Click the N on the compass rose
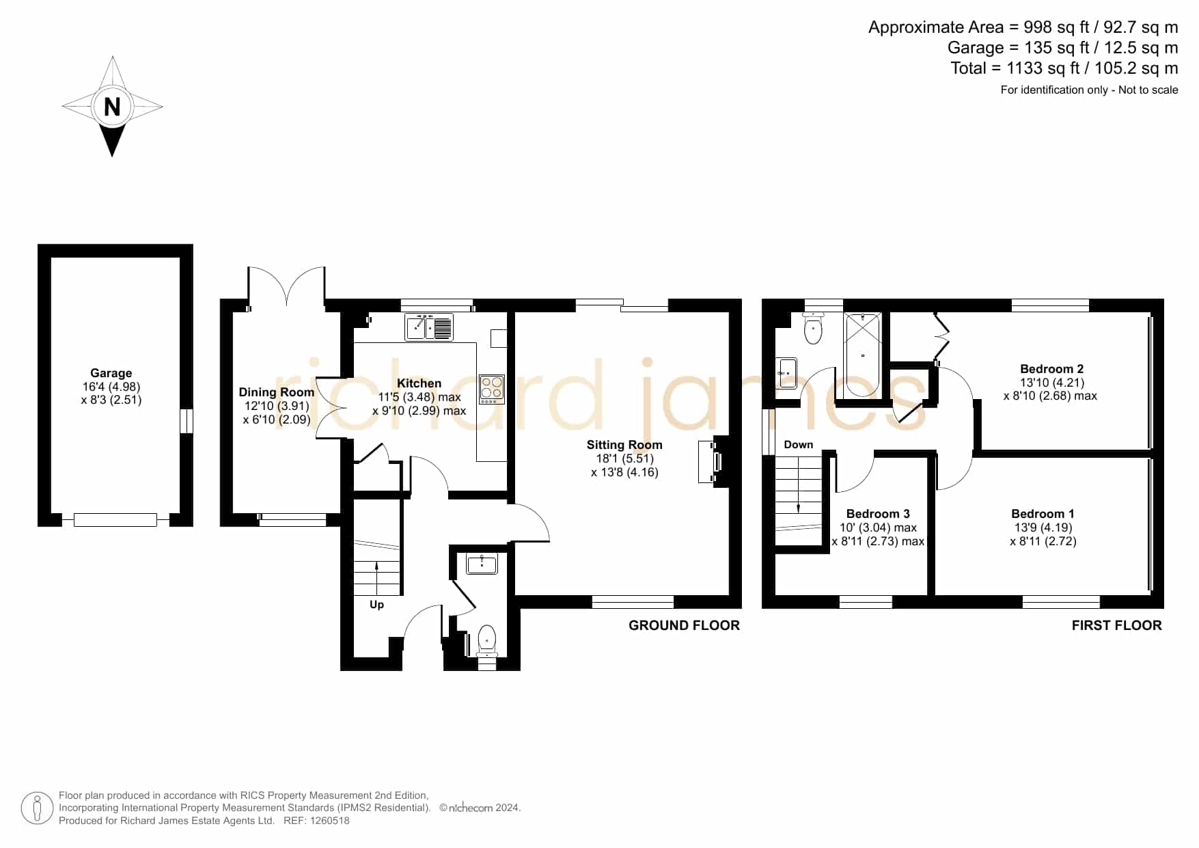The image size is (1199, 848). (x=112, y=107)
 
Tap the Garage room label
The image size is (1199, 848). (x=111, y=373)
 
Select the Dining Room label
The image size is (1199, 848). (x=277, y=392)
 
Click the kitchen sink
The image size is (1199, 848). (x=429, y=327)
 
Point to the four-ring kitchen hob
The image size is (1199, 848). (x=492, y=389)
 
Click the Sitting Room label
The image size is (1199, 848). (x=624, y=445)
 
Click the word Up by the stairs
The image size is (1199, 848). (x=376, y=605)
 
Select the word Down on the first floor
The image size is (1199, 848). (x=799, y=445)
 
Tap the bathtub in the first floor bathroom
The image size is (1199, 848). (x=863, y=355)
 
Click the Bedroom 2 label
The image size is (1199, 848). (x=1051, y=369)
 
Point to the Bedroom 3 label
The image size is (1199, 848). (x=878, y=514)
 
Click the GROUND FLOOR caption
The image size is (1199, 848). (x=684, y=625)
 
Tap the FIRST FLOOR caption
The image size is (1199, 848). (x=1116, y=625)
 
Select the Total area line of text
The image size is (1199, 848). (x=1064, y=68)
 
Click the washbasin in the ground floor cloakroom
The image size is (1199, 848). (x=482, y=564)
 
